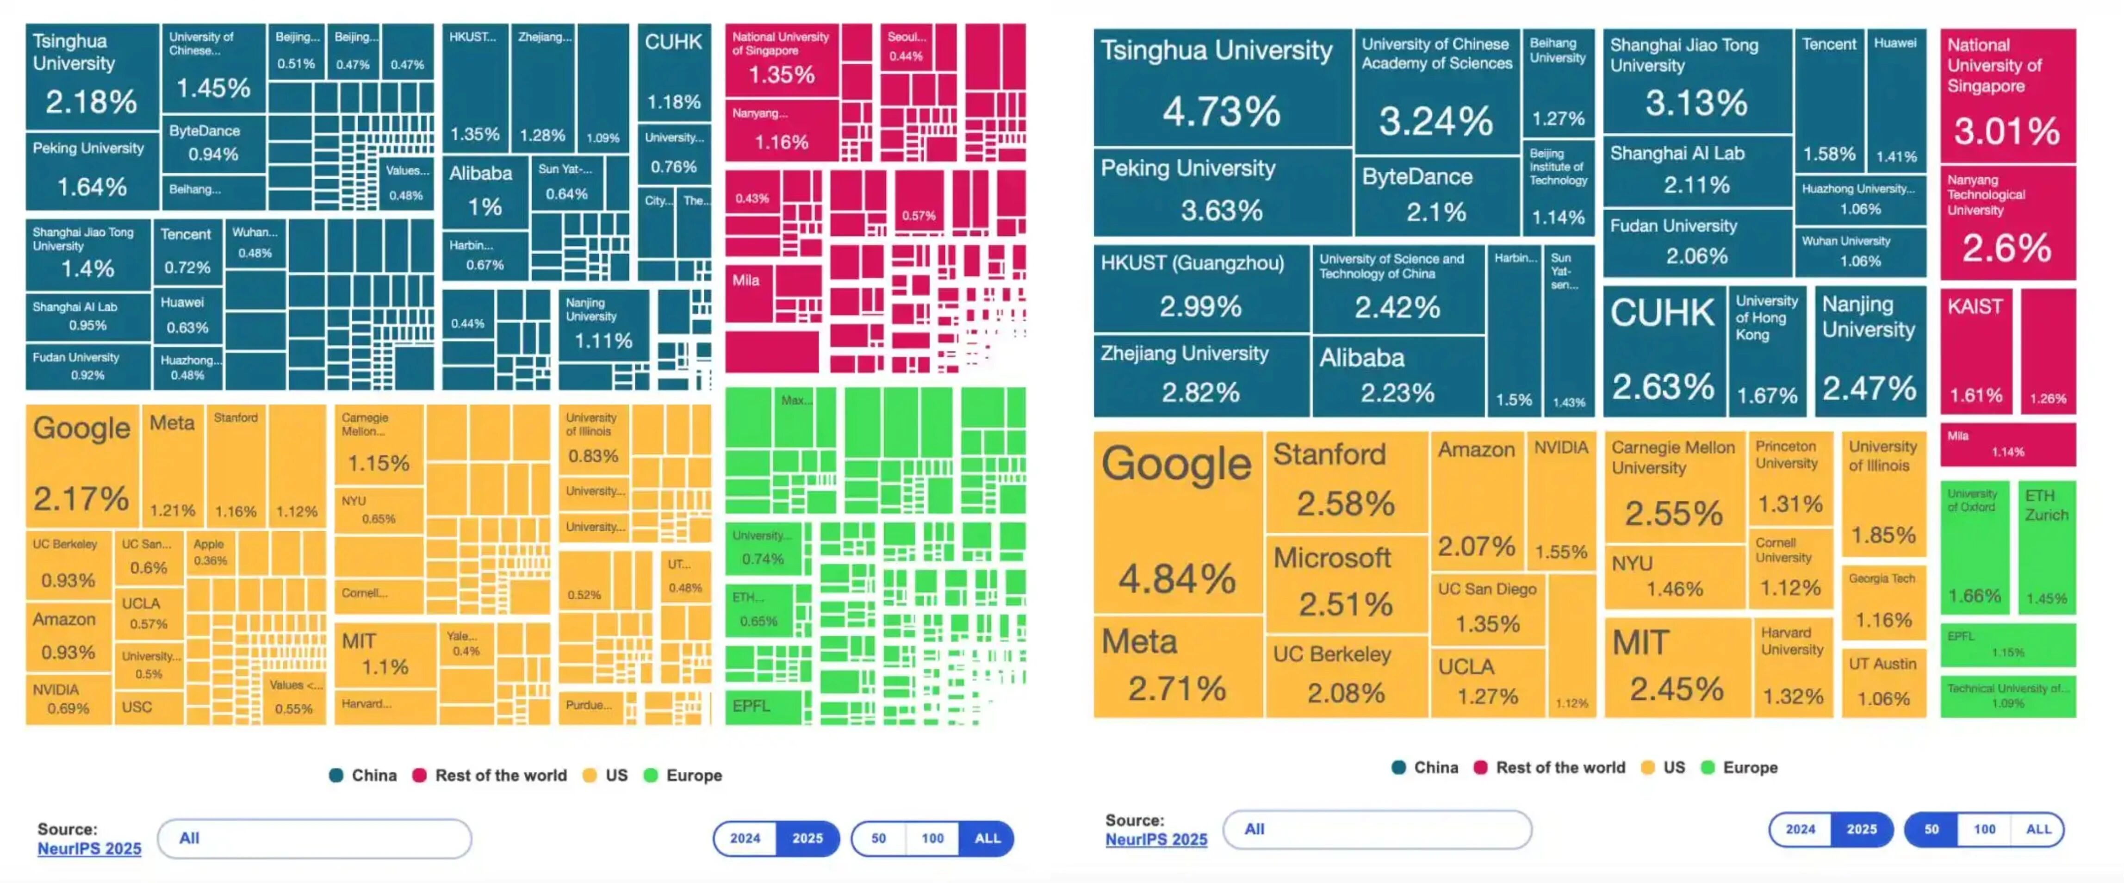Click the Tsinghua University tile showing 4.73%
point(1222,87)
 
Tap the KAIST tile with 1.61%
point(1975,350)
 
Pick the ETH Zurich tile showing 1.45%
point(2047,547)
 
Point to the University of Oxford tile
point(1974,547)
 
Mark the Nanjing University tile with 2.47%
point(1869,350)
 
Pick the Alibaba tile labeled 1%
point(485,191)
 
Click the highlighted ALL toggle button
point(987,839)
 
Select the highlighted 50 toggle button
point(1931,829)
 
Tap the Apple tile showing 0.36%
point(210,553)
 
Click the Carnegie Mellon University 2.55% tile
point(1674,486)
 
